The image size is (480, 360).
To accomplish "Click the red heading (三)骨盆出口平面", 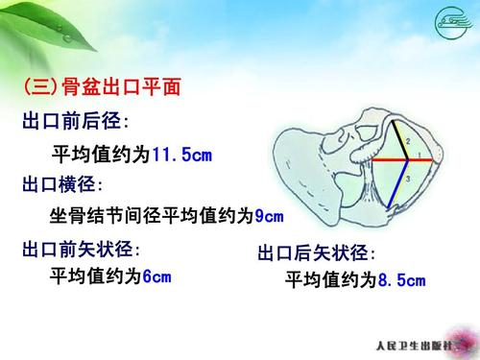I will [101, 89].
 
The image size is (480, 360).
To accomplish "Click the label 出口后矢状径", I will [317, 253].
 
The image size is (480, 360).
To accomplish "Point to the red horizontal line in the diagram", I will [403, 161].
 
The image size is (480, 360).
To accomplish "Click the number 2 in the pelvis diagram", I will [407, 142].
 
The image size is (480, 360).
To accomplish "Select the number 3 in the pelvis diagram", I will [407, 179].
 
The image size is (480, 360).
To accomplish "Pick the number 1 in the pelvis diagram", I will [420, 154].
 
